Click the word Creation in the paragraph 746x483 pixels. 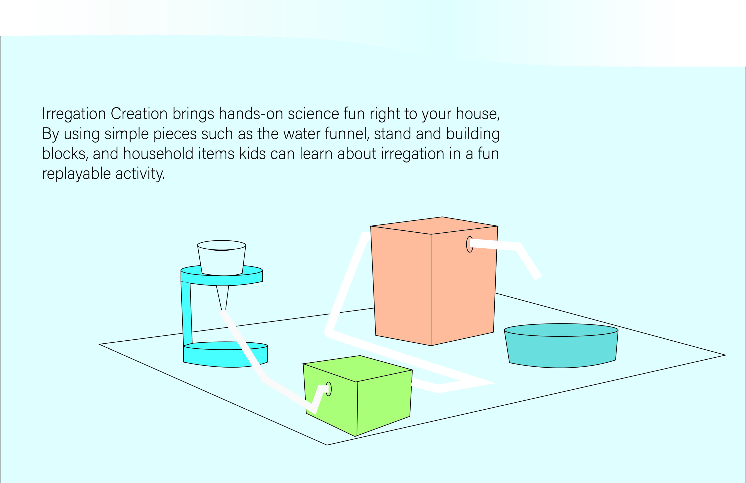point(139,113)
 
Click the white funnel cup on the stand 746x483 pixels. point(222,258)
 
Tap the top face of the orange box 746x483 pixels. point(434,225)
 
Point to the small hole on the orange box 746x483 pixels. point(469,244)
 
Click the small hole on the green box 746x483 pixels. point(328,389)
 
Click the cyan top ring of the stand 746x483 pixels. point(222,276)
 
